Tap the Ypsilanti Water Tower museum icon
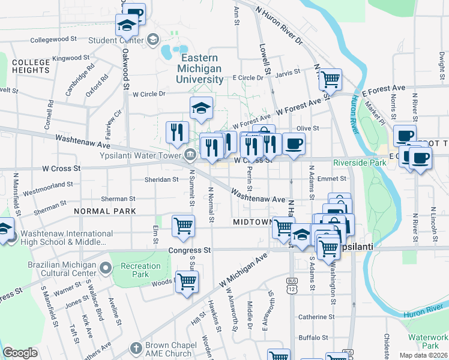(190, 155)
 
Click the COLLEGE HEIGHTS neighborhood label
(31, 66)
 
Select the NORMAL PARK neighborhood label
(105, 211)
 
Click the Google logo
(20, 353)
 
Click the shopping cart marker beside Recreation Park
(187, 281)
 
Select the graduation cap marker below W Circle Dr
(201, 107)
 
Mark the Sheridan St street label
(161, 179)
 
